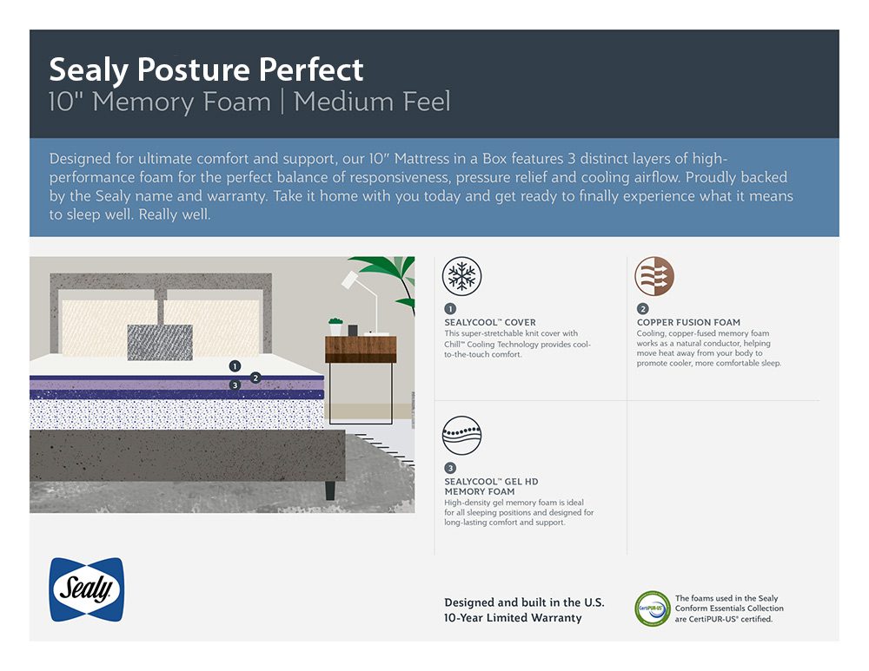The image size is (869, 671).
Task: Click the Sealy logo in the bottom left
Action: pyautogui.click(x=86, y=589)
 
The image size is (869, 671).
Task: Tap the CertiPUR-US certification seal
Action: pyautogui.click(x=653, y=608)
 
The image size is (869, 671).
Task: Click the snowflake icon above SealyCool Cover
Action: pyautogui.click(x=461, y=276)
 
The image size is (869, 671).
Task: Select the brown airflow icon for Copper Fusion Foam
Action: pyautogui.click(x=654, y=276)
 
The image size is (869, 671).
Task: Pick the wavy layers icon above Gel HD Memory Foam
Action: pyautogui.click(x=461, y=435)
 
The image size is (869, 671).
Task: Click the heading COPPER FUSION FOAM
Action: pyautogui.click(x=688, y=322)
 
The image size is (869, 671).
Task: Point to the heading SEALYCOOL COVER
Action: pyautogui.click(x=490, y=322)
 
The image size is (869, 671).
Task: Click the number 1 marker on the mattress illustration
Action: pyautogui.click(x=235, y=366)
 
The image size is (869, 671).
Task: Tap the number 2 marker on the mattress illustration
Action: pyautogui.click(x=255, y=378)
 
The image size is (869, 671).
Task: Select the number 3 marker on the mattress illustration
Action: pyautogui.click(x=235, y=385)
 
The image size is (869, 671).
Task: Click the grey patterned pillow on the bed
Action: pyautogui.click(x=160, y=342)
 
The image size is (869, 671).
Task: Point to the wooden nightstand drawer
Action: pyautogui.click(x=361, y=349)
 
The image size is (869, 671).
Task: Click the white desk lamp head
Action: pyautogui.click(x=350, y=280)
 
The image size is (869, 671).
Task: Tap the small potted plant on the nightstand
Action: pyautogui.click(x=335, y=326)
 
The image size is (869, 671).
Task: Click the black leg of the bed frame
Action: pyautogui.click(x=329, y=490)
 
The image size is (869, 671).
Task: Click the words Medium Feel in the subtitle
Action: pyautogui.click(x=372, y=102)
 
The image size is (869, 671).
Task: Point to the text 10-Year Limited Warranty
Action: pyautogui.click(x=513, y=618)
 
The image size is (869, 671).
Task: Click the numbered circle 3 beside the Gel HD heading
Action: pyautogui.click(x=450, y=469)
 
